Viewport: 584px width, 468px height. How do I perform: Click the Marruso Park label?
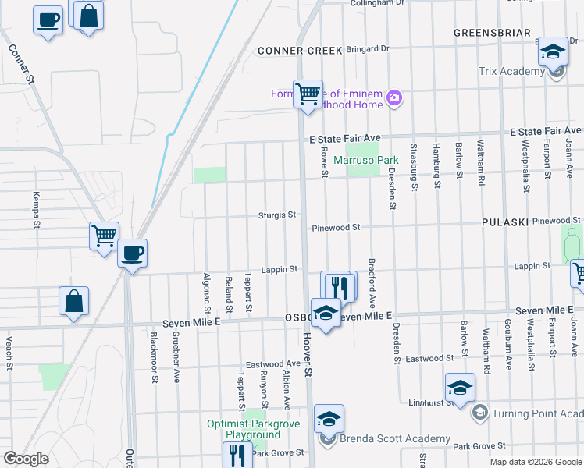pyautogui.click(x=366, y=161)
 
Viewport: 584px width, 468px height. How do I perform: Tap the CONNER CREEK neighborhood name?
pyautogui.click(x=301, y=50)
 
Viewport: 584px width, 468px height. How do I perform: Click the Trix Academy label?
pyautogui.click(x=511, y=72)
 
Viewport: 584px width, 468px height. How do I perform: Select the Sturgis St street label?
pyautogui.click(x=278, y=214)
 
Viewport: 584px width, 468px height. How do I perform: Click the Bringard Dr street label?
pyautogui.click(x=367, y=48)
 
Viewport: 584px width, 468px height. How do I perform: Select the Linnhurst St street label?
pyautogui.click(x=429, y=403)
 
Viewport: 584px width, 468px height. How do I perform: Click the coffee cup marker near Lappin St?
pyautogui.click(x=132, y=253)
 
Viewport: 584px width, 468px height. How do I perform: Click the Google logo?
pyautogui.click(x=27, y=459)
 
